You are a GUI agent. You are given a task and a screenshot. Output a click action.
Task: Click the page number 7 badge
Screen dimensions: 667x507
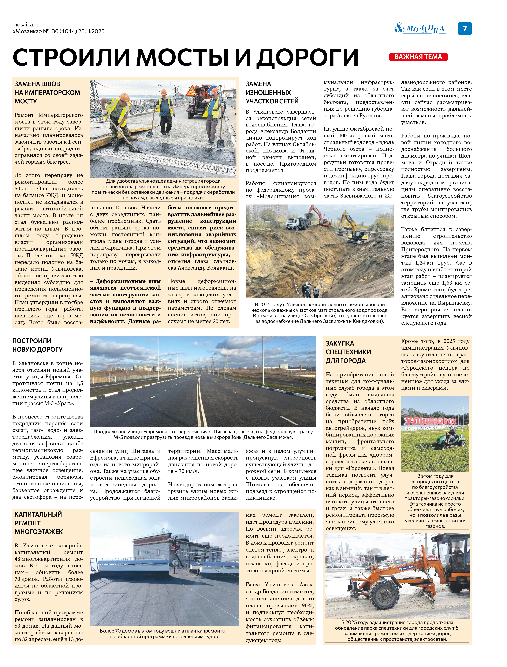(x=465, y=29)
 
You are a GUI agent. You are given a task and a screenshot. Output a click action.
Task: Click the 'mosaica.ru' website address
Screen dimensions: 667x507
(x=26, y=25)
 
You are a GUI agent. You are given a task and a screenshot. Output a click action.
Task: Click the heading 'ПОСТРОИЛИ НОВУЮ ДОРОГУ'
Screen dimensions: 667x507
(x=37, y=345)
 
